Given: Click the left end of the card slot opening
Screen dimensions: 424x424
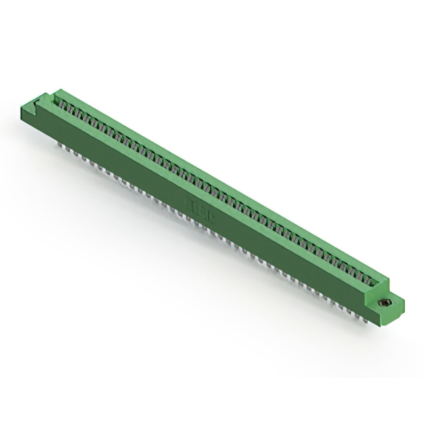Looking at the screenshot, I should coord(53,99).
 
